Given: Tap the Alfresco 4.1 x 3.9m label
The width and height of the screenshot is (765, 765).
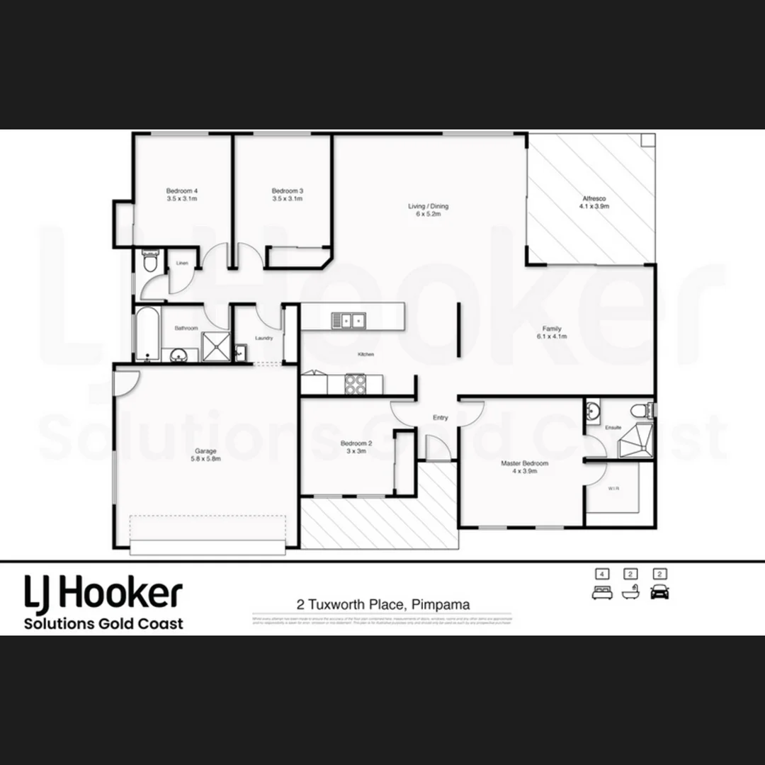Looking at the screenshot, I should coord(594,203).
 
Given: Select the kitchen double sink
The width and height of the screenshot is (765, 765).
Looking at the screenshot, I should coord(348,321).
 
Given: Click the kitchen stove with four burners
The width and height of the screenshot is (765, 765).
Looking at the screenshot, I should coord(355,385).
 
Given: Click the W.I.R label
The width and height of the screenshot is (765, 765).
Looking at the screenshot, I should coord(613,488).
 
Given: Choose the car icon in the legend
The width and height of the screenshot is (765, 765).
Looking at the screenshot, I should coord(660,592).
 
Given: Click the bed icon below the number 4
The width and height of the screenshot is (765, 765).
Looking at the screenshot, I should coord(601,593).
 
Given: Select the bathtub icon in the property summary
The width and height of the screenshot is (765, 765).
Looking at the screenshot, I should coord(630,593).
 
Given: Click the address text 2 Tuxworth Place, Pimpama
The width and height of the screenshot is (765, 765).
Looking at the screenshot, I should coord(383,605).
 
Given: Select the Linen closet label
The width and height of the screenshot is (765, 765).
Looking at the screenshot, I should coord(181,263).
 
